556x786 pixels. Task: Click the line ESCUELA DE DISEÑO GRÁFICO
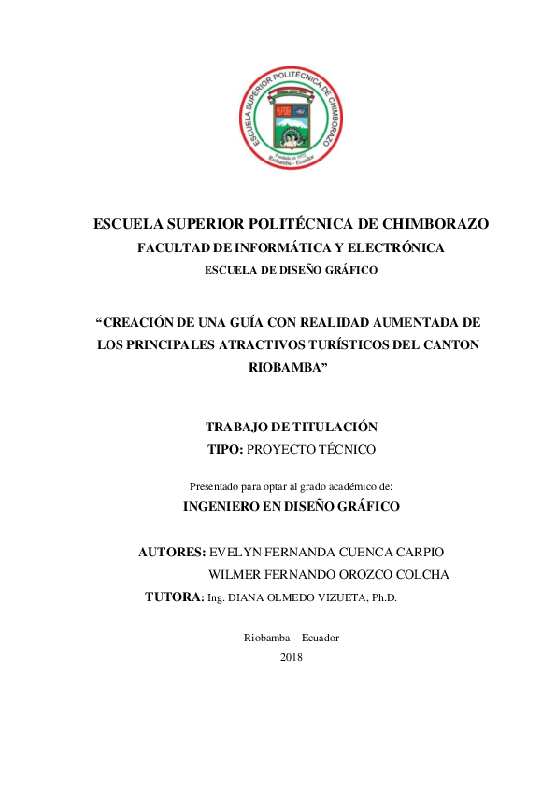291,270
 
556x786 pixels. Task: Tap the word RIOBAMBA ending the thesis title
288,367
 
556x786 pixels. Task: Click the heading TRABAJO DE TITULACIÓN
291,427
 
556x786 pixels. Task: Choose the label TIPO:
225,449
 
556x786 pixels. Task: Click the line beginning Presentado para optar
291,486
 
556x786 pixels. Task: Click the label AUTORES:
172,552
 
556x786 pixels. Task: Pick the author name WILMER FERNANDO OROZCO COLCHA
329,574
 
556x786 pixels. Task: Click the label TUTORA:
175,597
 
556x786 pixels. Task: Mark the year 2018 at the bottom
291,657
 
